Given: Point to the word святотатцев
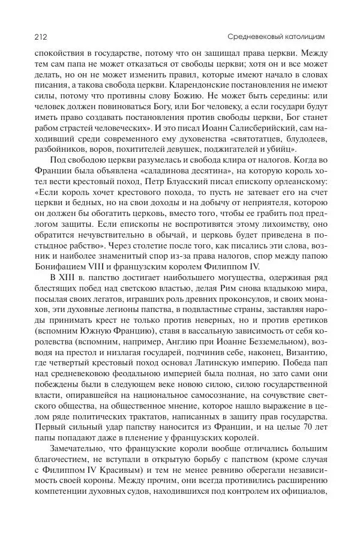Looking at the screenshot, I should pos(259,157).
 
